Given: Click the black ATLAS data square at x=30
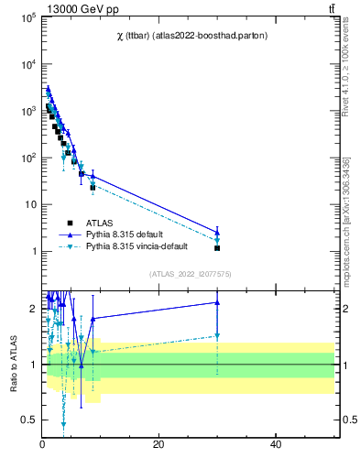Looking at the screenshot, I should [217, 248].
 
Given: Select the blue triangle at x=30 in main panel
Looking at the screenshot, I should [217, 232].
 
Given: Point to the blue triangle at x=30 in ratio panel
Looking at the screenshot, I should [217, 301].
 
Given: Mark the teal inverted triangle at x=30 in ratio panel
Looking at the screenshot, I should [217, 336].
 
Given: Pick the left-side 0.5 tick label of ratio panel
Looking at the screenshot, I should [30, 420].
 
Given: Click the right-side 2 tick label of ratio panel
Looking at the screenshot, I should [344, 308].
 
